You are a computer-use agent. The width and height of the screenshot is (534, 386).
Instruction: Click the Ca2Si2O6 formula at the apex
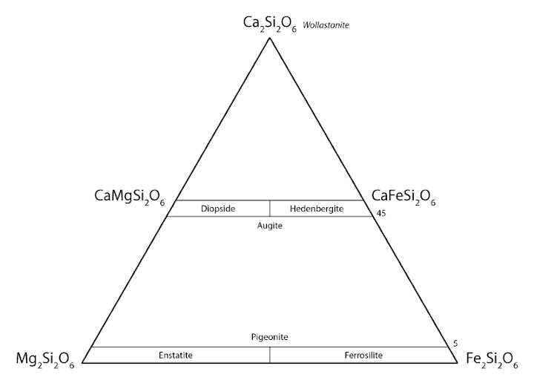270,24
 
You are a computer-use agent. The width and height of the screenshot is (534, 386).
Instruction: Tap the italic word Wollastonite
326,25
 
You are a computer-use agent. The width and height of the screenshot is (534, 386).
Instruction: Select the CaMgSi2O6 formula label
129,197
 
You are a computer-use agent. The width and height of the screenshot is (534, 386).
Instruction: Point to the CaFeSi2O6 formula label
403,197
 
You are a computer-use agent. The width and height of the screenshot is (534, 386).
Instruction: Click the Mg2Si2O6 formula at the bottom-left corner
45,360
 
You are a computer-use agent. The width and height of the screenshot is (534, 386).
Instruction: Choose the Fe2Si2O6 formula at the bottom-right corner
492,360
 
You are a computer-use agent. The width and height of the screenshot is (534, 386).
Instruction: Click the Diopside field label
218,209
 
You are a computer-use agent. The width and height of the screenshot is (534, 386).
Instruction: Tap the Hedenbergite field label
317,209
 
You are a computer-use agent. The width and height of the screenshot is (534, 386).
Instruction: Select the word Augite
270,226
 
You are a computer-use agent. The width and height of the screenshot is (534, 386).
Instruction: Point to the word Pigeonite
270,337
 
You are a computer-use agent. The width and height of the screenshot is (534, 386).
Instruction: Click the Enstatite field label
176,356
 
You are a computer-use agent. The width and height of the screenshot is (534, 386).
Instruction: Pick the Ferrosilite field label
363,356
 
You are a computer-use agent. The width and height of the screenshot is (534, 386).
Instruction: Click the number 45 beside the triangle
381,214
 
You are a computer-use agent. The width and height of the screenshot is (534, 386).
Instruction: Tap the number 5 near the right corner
455,344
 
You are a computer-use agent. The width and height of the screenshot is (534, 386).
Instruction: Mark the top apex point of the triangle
270,38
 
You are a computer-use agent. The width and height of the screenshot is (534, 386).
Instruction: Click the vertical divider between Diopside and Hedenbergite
270,209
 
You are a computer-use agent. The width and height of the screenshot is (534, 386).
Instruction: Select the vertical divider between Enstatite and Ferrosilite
270,355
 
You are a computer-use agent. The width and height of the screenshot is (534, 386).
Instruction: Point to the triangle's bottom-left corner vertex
82,363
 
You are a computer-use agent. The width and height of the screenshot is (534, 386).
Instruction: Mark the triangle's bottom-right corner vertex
457,363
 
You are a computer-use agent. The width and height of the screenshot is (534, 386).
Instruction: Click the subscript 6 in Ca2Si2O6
294,30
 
